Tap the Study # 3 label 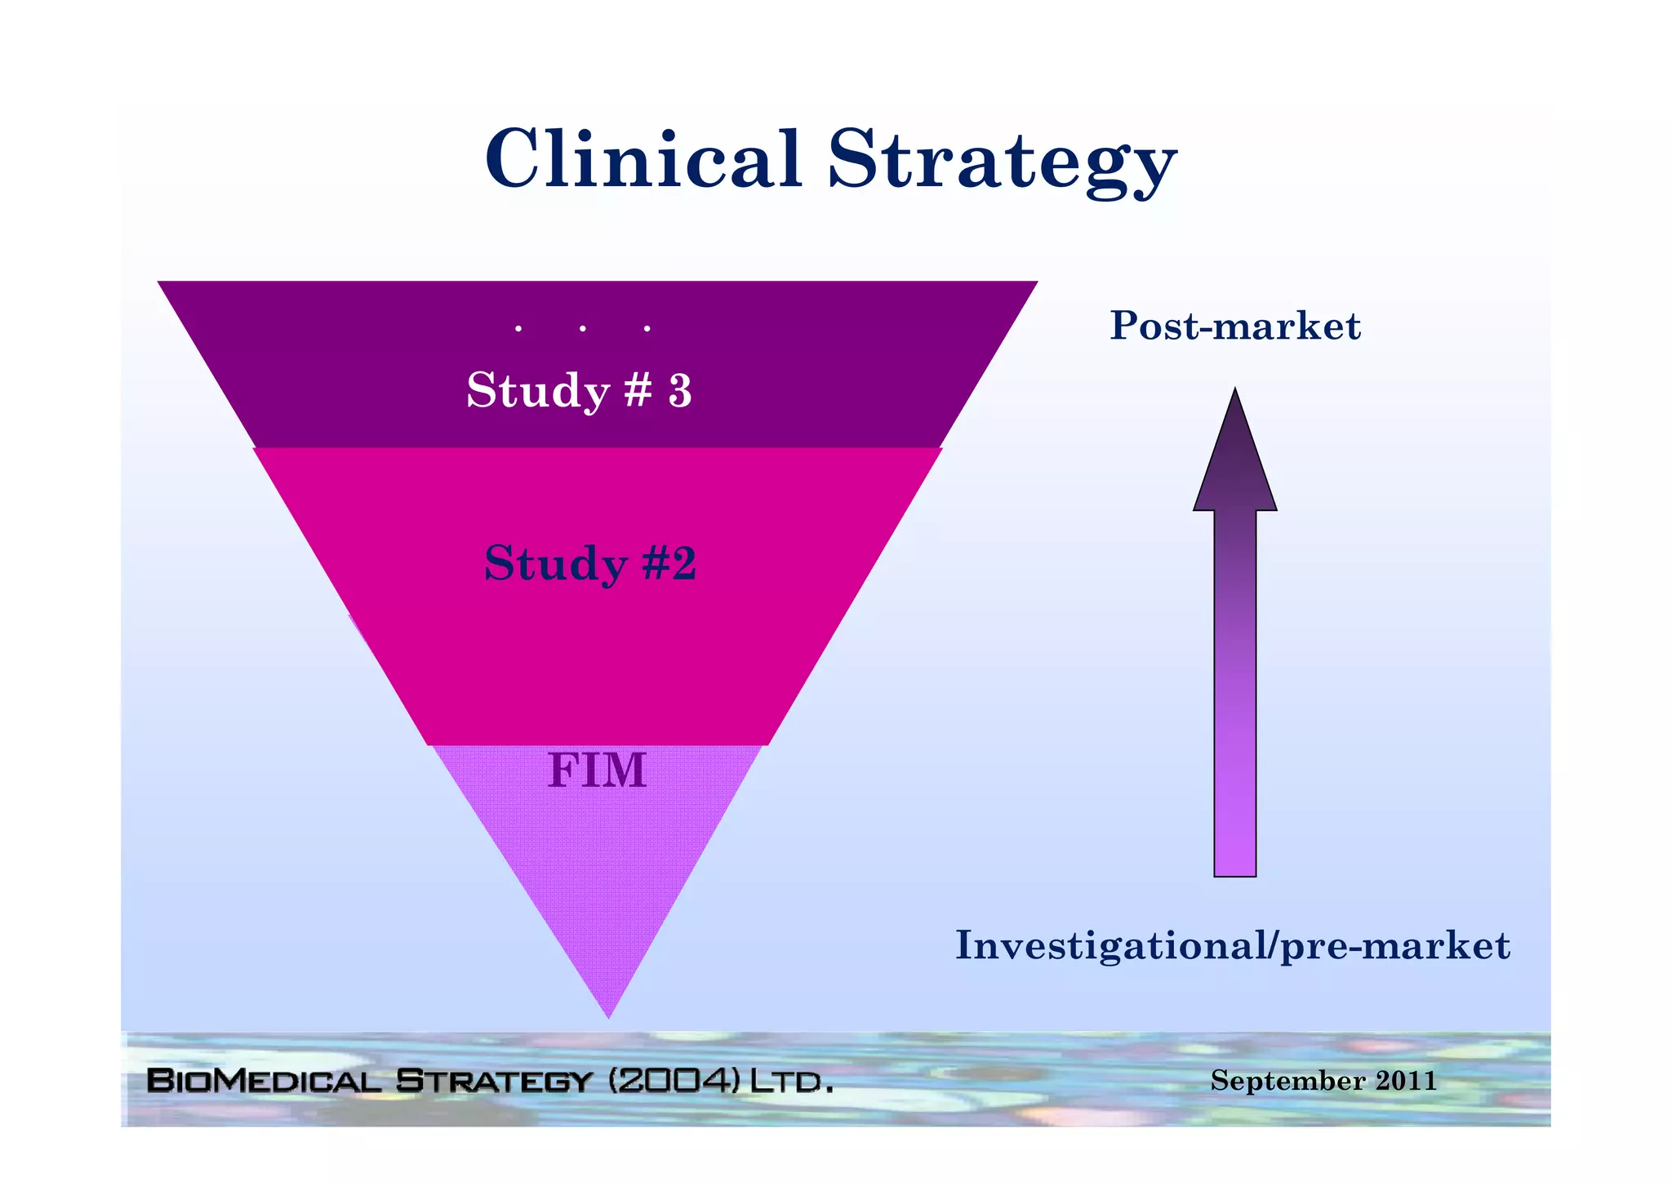click(x=579, y=390)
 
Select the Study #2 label click(x=590, y=563)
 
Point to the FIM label click(x=597, y=771)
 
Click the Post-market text click(x=1234, y=326)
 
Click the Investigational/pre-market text click(x=1233, y=945)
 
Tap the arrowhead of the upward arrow click(x=1234, y=457)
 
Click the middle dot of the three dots click(x=583, y=329)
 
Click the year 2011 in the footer click(x=1406, y=1081)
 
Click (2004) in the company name click(x=675, y=1081)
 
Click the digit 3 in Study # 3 click(x=679, y=391)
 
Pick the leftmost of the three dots click(x=518, y=329)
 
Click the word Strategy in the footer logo click(x=494, y=1081)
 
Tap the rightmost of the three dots click(x=647, y=329)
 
